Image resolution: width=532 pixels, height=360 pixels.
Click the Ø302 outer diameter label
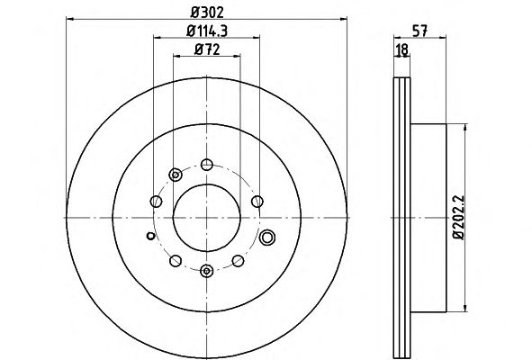pos(207,13)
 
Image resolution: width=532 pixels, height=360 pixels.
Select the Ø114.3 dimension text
pos(207,31)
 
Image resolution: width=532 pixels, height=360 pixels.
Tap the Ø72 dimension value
pos(207,49)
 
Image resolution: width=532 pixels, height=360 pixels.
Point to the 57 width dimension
pos(419,31)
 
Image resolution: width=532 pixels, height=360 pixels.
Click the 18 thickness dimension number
pos(402,49)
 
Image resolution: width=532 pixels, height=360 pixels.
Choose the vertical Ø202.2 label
pos(459,218)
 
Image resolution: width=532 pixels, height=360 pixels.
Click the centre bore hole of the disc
pos(207,218)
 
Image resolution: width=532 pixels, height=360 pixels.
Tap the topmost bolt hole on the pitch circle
pos(207,165)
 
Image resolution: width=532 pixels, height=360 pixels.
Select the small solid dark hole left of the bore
pos(150,236)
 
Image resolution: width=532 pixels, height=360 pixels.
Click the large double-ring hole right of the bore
pos(267,238)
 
